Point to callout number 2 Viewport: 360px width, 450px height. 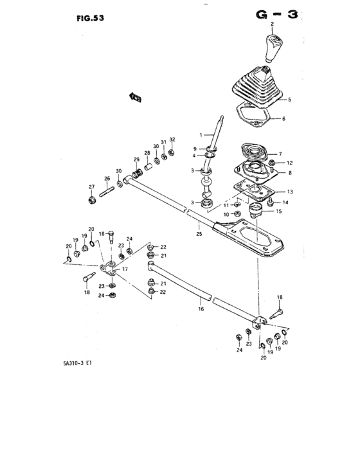[x=272, y=25]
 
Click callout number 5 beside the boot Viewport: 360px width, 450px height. [x=289, y=100]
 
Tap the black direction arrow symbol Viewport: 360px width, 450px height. [x=136, y=97]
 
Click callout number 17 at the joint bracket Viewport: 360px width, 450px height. [x=125, y=269]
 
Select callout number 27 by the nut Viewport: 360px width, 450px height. [x=91, y=187]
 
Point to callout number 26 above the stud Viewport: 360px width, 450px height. [x=107, y=179]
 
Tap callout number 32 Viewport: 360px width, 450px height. [x=172, y=139]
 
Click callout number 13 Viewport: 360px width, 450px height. [x=289, y=191]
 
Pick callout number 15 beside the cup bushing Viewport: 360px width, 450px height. [x=278, y=211]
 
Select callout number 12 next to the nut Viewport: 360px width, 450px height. [x=289, y=163]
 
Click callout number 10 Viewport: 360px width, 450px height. [x=226, y=214]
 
